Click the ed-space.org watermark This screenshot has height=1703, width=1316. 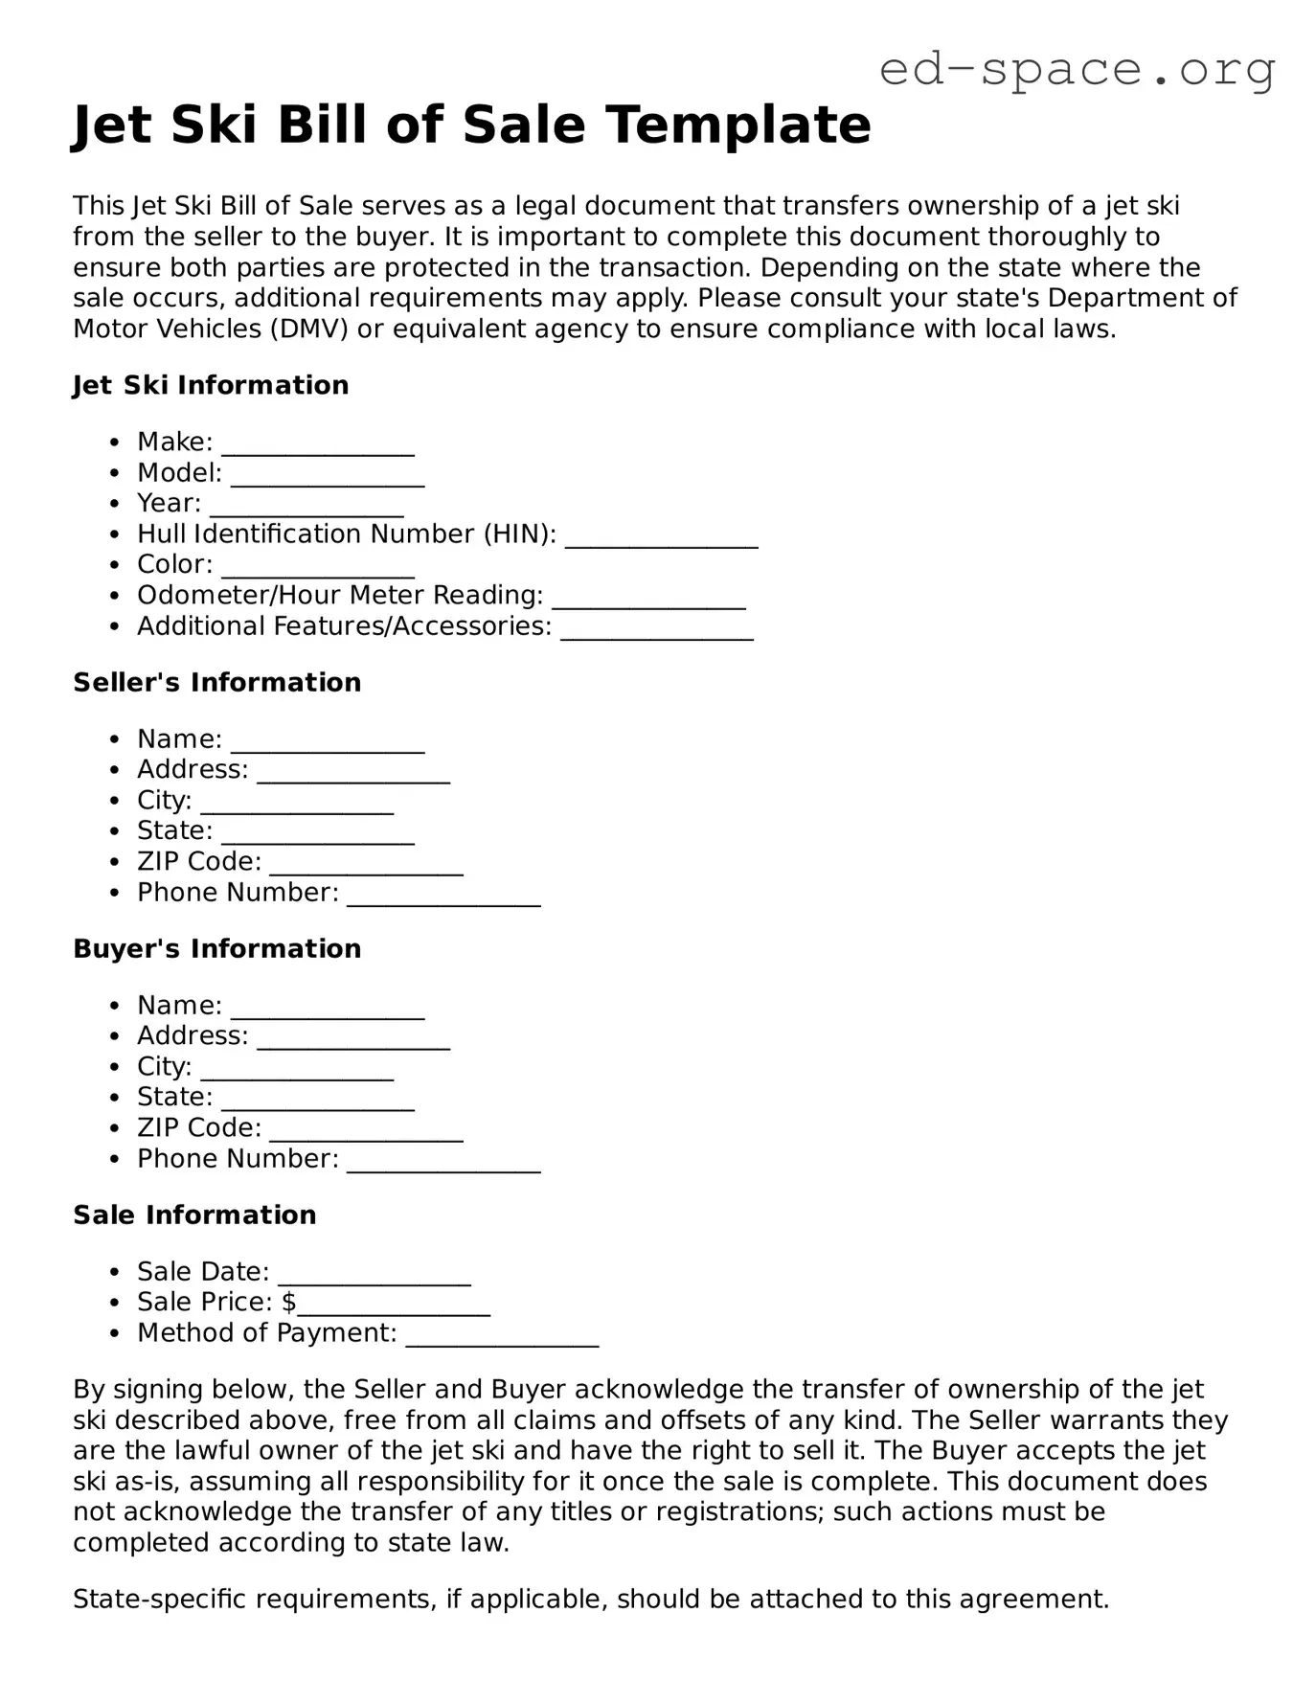tap(1077, 69)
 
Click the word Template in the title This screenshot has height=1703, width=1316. tap(738, 125)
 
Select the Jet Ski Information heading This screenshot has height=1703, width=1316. tap(211, 385)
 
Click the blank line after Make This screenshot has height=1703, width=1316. tap(318, 446)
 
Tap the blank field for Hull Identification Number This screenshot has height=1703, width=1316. tap(661, 538)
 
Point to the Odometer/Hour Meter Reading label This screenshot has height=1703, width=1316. tap(340, 595)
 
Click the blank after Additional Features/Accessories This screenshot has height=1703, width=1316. tap(657, 630)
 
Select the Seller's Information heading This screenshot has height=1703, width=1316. tap(217, 682)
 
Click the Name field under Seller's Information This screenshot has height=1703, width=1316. tap(328, 743)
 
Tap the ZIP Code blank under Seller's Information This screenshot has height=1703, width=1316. tap(366, 866)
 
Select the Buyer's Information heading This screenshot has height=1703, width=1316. tap(217, 948)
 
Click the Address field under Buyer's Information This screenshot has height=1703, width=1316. tap(353, 1040)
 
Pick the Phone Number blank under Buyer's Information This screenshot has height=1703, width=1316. tap(443, 1163)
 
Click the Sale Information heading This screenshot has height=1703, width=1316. tap(194, 1215)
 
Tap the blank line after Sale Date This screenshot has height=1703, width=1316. tap(374, 1276)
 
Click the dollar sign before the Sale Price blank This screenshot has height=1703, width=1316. tap(288, 1302)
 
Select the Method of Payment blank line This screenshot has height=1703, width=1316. tap(502, 1337)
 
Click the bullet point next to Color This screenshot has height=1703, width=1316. tap(115, 565)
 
